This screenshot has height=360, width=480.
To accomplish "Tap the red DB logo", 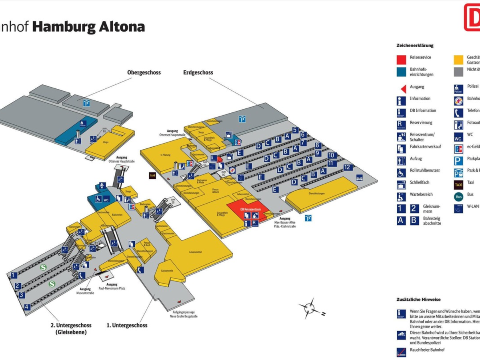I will click(472, 17).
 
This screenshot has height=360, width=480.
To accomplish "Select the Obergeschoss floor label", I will click(144, 72).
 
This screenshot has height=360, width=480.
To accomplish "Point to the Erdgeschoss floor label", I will click(198, 72).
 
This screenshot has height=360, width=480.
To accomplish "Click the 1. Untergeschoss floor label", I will click(127, 325).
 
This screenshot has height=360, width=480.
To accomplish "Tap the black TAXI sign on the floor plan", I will click(152, 175).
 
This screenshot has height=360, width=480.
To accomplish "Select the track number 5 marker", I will click(295, 130).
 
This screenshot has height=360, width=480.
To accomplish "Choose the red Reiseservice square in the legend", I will click(402, 59).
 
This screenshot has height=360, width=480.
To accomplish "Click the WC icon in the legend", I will click(459, 136).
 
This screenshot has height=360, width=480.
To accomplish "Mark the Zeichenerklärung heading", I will click(415, 46).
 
